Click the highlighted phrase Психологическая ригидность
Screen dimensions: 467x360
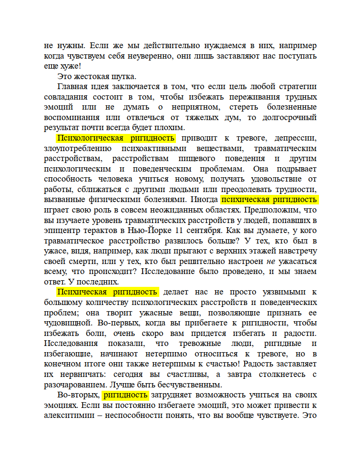tap(116, 138)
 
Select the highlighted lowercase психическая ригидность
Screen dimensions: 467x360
tap(269, 199)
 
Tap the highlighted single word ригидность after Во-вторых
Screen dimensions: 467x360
tap(126, 395)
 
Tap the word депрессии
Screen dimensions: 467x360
tap(294, 138)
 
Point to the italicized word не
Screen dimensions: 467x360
tap(271, 261)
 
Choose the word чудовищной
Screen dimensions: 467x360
tap(67, 323)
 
